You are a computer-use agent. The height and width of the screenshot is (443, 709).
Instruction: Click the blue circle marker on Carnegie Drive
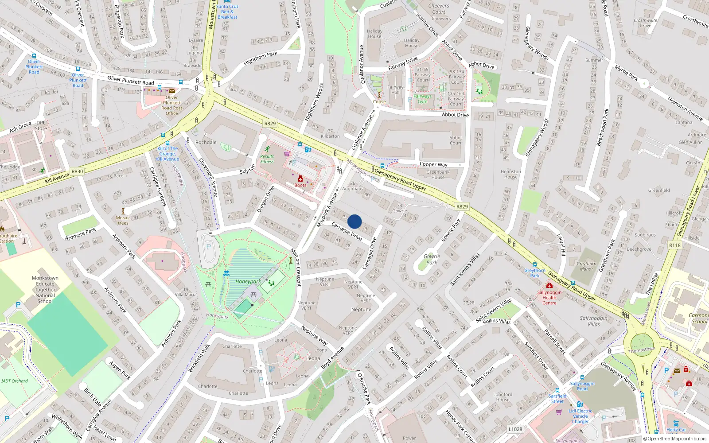(354, 221)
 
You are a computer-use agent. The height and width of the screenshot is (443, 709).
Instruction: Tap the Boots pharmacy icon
(300, 179)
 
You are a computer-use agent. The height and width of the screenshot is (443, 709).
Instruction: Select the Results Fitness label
(267, 159)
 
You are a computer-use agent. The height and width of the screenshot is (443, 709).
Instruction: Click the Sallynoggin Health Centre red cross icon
(549, 286)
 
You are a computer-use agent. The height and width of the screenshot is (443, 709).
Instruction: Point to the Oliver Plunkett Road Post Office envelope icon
(171, 91)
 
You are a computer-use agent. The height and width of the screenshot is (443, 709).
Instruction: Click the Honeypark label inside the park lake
(248, 281)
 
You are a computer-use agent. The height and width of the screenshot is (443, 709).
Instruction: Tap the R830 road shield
(77, 171)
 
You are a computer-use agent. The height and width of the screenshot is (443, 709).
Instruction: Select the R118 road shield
(675, 245)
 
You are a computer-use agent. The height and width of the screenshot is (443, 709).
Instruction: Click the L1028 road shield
(515, 429)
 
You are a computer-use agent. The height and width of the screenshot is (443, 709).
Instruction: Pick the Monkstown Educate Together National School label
(45, 289)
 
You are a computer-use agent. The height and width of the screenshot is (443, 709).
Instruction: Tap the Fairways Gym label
(422, 99)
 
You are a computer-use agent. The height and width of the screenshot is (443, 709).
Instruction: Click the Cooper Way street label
(433, 164)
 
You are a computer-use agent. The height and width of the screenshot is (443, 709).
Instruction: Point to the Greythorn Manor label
(586, 266)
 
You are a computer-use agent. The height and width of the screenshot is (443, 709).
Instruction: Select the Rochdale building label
(206, 142)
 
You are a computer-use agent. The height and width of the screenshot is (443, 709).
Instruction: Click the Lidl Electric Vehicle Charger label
(580, 416)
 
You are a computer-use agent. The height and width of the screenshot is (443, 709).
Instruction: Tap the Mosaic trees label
(123, 220)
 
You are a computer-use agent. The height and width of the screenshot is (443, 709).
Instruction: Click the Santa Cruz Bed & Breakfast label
(227, 12)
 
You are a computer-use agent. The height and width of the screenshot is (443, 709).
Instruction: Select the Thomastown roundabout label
(642, 350)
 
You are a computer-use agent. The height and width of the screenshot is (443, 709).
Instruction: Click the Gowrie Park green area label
(432, 259)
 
